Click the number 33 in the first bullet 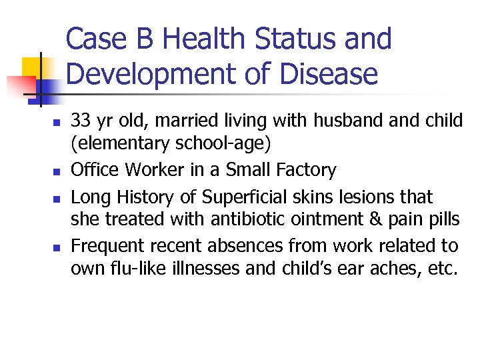coord(81,121)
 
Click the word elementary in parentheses coord(119,142)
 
